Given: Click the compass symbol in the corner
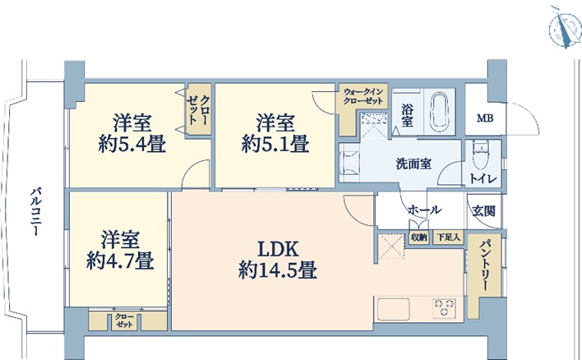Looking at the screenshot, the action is [x=566, y=28].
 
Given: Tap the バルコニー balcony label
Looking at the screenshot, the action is [x=36, y=212].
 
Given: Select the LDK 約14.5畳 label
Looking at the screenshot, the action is [x=278, y=260].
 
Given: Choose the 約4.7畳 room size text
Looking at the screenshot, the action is [x=120, y=261].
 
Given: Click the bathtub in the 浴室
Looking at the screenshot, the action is [x=441, y=111].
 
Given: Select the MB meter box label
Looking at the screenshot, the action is [x=485, y=118].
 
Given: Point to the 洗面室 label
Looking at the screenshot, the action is [x=413, y=164].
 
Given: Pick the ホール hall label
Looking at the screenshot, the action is [x=425, y=210].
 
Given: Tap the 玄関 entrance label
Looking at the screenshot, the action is [x=483, y=211].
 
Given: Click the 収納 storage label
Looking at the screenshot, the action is [x=418, y=238].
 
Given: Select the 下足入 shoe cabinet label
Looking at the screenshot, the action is [x=448, y=238].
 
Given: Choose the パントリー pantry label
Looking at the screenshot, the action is [x=484, y=265].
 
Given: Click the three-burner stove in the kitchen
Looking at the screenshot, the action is [x=444, y=308].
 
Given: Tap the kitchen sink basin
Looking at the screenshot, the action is [x=394, y=309].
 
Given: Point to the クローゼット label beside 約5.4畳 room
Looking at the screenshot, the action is [x=199, y=110].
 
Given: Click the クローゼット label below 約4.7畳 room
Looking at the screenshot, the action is [x=124, y=321].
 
